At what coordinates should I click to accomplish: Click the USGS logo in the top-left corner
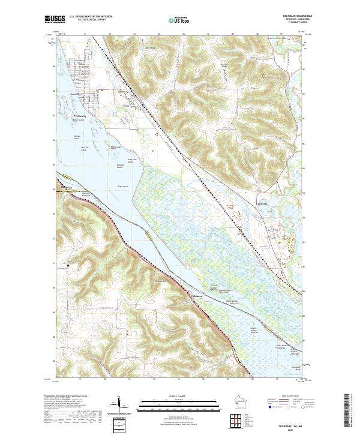tap(53, 20)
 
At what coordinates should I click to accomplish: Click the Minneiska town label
tap(67, 187)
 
